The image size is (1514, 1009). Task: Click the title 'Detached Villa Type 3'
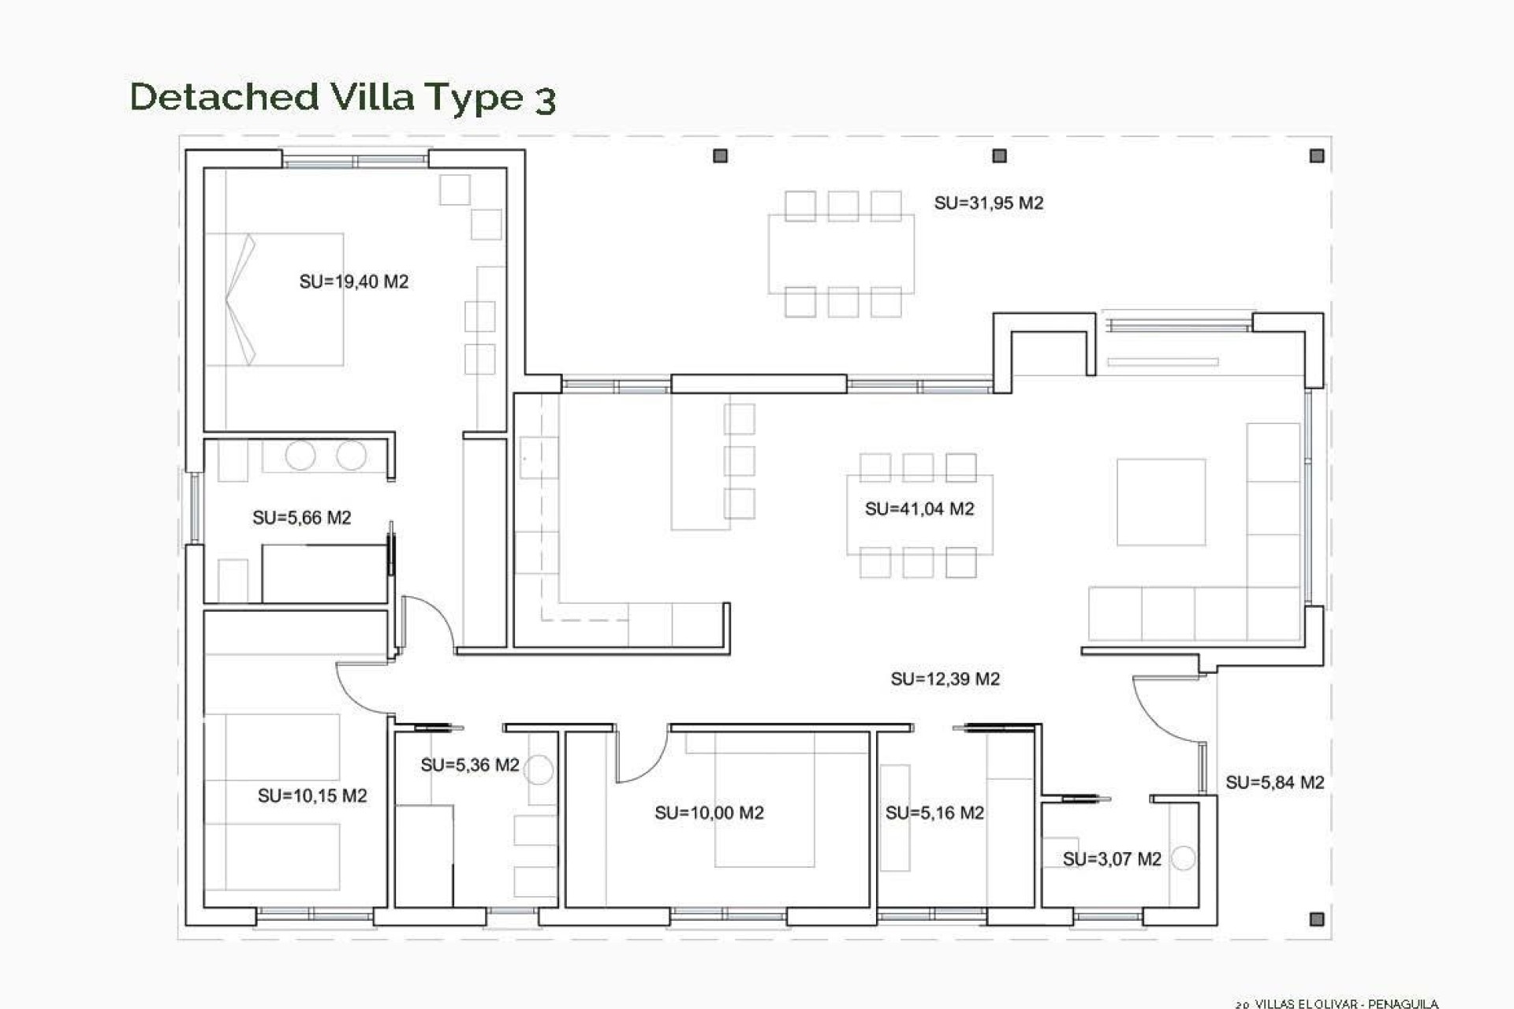[343, 98]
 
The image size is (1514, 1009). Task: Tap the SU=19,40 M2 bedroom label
[354, 281]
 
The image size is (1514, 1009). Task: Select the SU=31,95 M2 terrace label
[988, 203]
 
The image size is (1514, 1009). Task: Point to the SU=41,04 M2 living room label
[919, 509]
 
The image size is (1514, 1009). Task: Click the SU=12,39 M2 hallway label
[945, 679]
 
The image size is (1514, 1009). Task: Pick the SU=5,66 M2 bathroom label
[301, 518]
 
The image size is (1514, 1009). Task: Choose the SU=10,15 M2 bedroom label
[312, 796]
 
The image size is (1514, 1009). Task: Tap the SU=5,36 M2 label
[470, 765]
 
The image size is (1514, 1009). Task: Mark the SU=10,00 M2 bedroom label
[709, 813]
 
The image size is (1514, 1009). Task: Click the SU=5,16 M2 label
[934, 813]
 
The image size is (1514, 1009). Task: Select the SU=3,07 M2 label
[1112, 859]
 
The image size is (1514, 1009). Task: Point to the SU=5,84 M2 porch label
[1274, 783]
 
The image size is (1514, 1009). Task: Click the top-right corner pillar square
[1317, 156]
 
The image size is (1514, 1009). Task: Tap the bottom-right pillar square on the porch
[1316, 919]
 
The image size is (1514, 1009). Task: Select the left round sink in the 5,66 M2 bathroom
[300, 456]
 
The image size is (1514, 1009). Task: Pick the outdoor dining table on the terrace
[841, 254]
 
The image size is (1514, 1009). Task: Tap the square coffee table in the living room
[1161, 502]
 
